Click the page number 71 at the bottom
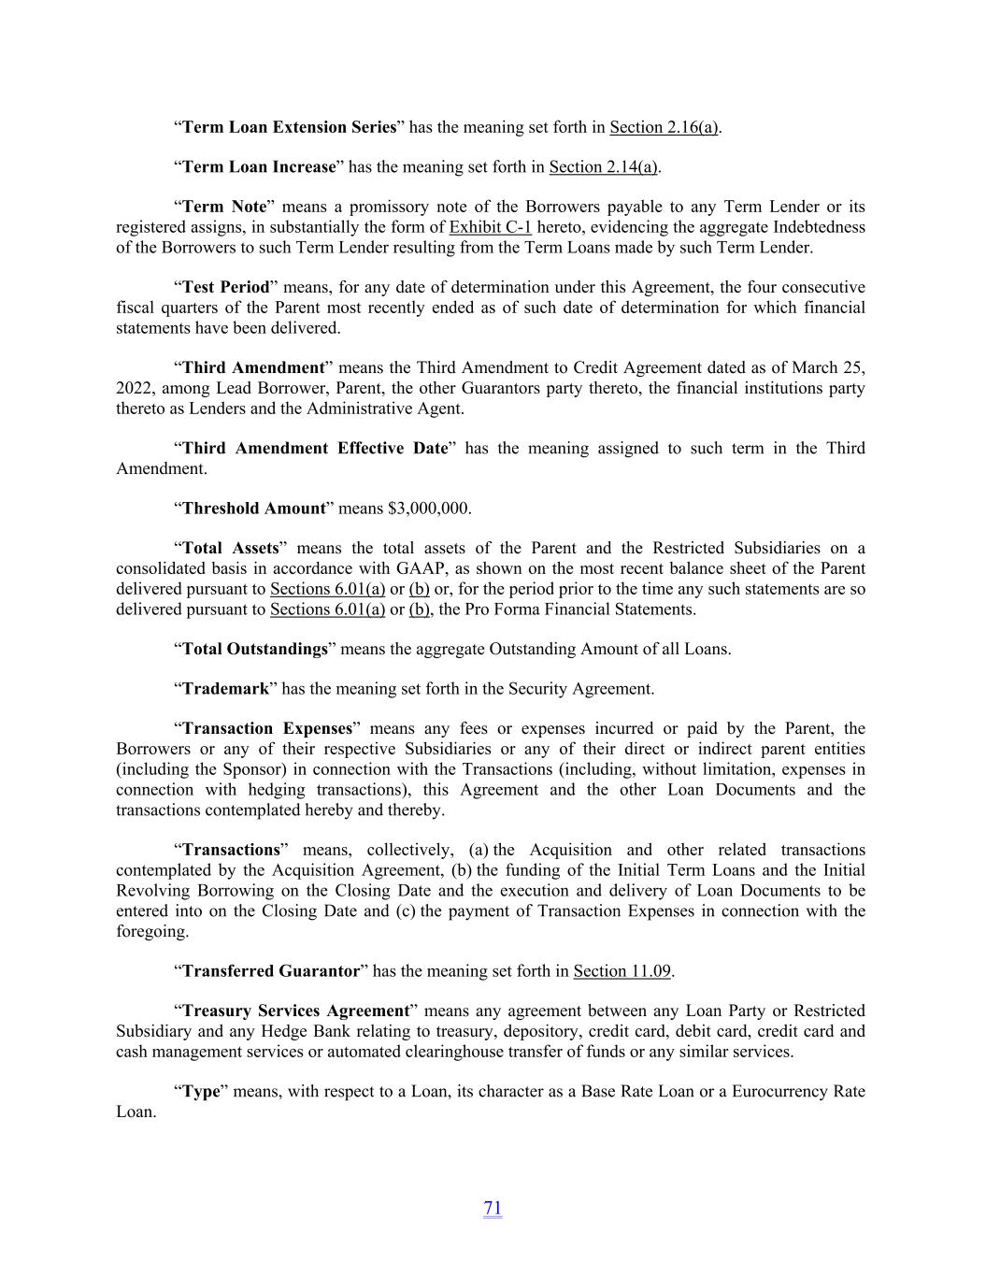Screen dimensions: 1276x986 tap(493, 1208)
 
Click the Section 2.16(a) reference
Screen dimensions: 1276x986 tap(663, 127)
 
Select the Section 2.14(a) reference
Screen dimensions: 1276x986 tap(603, 167)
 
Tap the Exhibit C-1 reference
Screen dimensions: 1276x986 tap(491, 227)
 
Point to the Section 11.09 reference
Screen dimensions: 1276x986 tap(622, 971)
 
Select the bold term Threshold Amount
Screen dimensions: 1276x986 tap(253, 509)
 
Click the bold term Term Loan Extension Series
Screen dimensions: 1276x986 tap(289, 127)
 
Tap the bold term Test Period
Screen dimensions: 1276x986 tap(225, 287)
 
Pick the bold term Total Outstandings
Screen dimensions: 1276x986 tap(255, 649)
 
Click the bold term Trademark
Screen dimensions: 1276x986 tap(225, 689)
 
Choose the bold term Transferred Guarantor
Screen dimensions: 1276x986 tap(271, 971)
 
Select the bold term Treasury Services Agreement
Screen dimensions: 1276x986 tap(296, 1011)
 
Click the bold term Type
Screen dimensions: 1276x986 tap(201, 1092)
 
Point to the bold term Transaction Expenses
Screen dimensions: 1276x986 tap(267, 729)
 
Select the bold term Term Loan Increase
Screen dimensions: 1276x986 tap(259, 167)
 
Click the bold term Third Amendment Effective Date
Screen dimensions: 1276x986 tap(315, 449)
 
